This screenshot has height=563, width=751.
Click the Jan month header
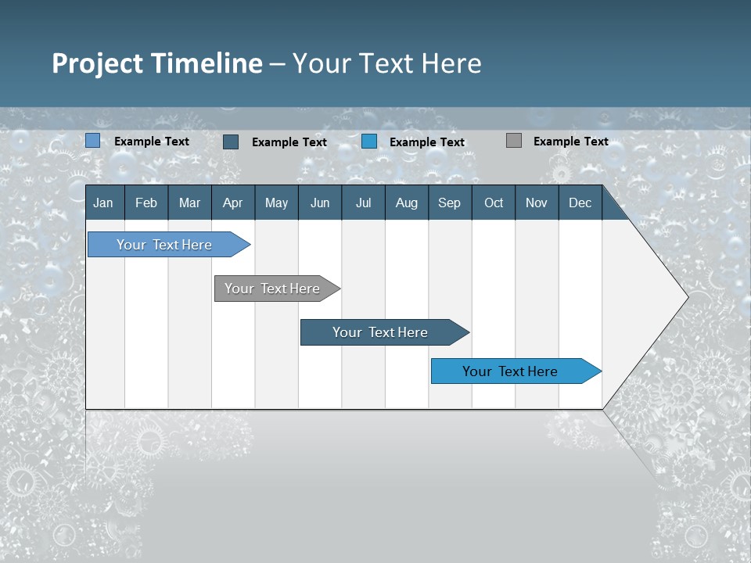pyautogui.click(x=103, y=203)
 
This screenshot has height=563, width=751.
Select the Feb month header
pyautogui.click(x=146, y=203)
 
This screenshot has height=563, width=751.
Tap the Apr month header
pyautogui.click(x=232, y=203)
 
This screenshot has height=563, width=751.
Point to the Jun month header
pyautogui.click(x=320, y=203)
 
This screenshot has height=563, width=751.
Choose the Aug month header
pyautogui.click(x=406, y=203)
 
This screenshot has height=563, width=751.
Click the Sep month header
pyautogui.click(x=449, y=203)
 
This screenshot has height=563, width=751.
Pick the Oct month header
pyautogui.click(x=494, y=203)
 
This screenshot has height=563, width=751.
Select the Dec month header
pyautogui.click(x=580, y=203)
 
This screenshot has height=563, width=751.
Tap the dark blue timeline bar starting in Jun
pyautogui.click(x=381, y=332)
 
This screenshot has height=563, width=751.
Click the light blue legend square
pyautogui.click(x=93, y=141)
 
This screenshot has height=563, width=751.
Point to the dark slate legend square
pyautogui.click(x=231, y=142)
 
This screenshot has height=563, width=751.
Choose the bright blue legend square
pyautogui.click(x=369, y=142)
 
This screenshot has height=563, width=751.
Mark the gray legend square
pyautogui.click(x=514, y=141)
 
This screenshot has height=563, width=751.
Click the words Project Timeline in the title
pyautogui.click(x=157, y=63)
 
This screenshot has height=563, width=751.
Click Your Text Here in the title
pyautogui.click(x=387, y=63)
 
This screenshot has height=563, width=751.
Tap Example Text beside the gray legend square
pyautogui.click(x=570, y=142)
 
